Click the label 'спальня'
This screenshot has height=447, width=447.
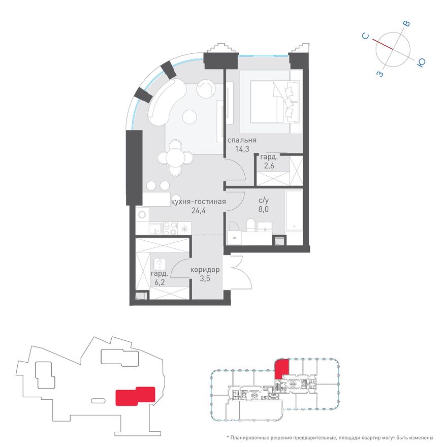tap(242, 140)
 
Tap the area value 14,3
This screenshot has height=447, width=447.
tap(242, 149)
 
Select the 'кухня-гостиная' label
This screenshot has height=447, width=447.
tap(199, 202)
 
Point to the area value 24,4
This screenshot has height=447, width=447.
tap(199, 211)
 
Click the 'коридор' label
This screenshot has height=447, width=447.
tap(205, 270)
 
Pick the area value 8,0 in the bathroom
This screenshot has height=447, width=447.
tap(264, 209)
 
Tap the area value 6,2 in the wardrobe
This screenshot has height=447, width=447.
tap(159, 282)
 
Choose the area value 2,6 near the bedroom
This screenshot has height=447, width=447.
tap(269, 166)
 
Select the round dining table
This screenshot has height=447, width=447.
tap(176, 157)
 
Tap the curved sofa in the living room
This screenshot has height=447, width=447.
tap(166, 102)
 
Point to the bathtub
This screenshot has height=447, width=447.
tap(294, 211)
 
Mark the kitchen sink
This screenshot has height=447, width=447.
tap(155, 229)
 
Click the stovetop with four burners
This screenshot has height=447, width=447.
tap(170, 229)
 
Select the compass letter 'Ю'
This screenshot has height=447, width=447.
tap(421, 62)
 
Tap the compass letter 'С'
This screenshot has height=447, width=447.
tap(365, 36)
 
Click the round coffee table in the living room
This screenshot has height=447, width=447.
tap(189, 117)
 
